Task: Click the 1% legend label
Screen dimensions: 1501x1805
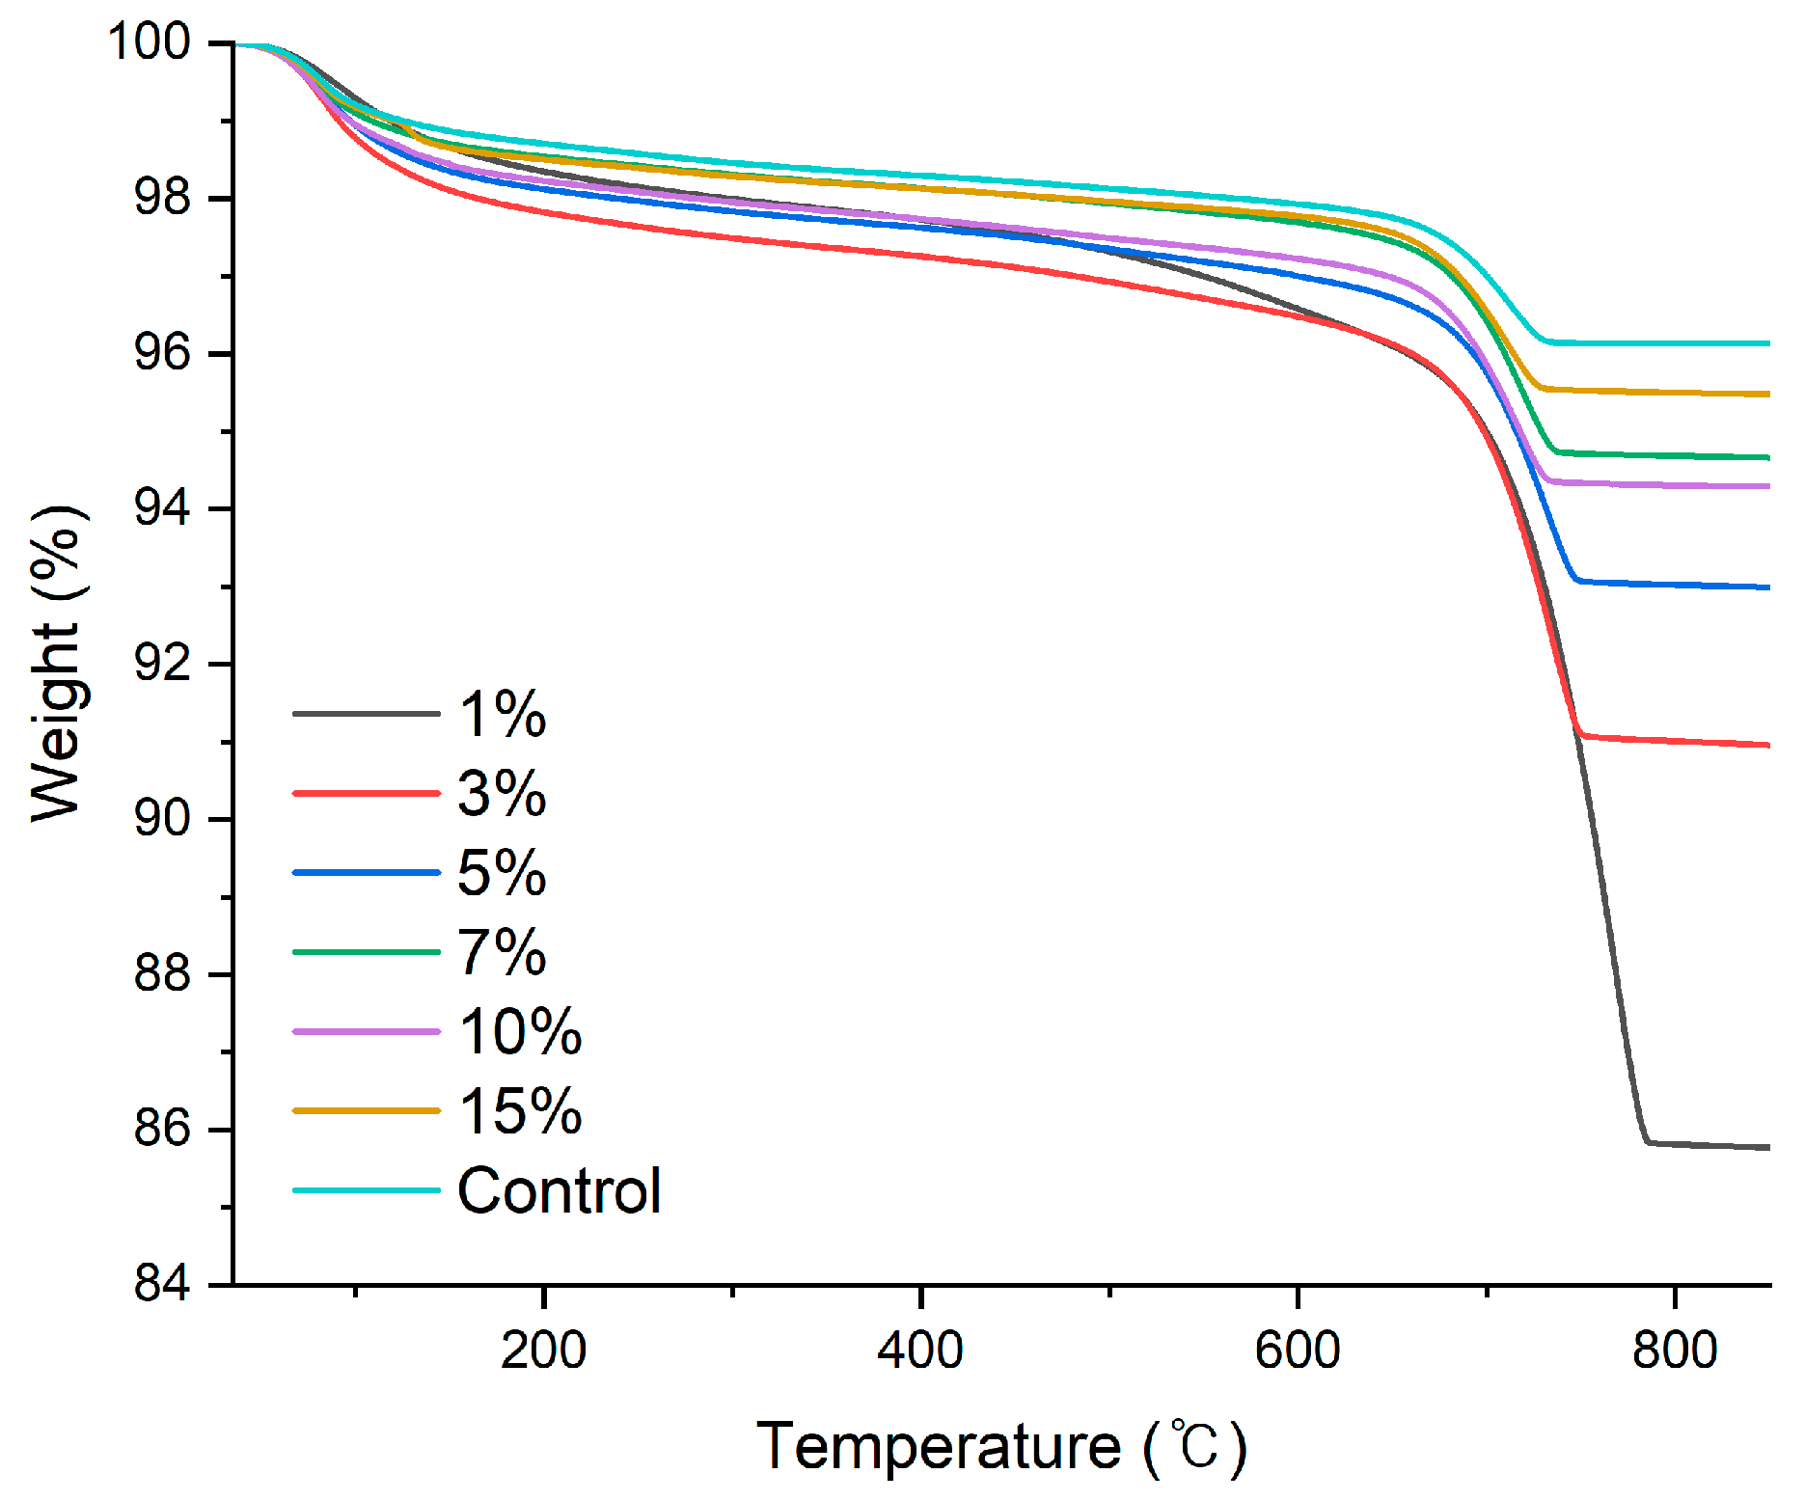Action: (502, 715)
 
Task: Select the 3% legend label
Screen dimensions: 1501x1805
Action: (502, 794)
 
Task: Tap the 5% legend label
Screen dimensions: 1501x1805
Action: (502, 873)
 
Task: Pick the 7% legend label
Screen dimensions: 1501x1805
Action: (502, 952)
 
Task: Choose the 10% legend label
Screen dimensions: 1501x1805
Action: (520, 1031)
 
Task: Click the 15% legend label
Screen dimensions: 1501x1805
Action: (520, 1110)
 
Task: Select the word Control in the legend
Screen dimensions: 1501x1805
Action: (559, 1190)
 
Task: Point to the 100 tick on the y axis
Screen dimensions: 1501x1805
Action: (150, 42)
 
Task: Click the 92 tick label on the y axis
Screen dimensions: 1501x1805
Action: (162, 664)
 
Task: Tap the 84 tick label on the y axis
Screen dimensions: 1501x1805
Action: (162, 1284)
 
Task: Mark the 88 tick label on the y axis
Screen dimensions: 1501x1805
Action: (162, 974)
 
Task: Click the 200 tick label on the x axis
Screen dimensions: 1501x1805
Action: (543, 1350)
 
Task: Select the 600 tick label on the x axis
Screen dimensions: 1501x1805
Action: (1298, 1350)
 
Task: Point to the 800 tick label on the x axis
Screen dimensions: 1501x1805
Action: (1675, 1350)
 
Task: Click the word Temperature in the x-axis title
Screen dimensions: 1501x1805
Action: (938, 1446)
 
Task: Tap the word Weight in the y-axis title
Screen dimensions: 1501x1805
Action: (56, 722)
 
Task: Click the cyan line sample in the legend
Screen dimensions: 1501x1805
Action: (367, 1190)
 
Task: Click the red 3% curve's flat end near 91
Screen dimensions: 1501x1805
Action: (1679, 741)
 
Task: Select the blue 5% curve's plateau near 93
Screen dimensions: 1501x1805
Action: (1679, 585)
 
